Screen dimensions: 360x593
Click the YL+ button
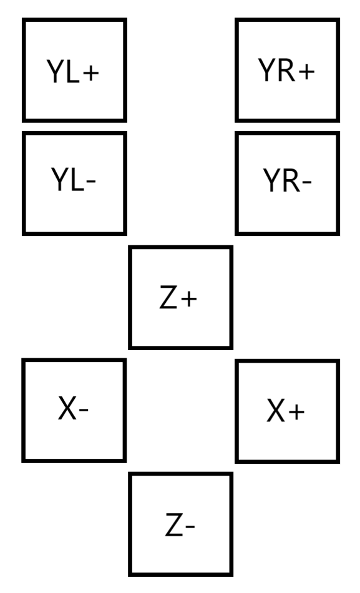coord(74,71)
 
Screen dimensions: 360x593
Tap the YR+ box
coord(288,71)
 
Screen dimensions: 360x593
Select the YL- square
coord(74,184)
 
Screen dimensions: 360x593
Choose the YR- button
coord(288,184)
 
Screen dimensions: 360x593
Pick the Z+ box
coord(181,297)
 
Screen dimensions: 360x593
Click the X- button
coord(74,410)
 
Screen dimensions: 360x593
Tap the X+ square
coord(288,411)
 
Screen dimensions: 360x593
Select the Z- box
coord(181,524)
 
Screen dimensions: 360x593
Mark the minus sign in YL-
coord(91,182)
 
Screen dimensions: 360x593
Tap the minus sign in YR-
coord(307,183)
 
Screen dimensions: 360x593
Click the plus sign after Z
coord(189,299)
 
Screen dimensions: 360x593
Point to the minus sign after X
coord(84,409)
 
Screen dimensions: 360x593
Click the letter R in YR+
coord(286,71)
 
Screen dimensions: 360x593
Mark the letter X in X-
coord(67,408)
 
